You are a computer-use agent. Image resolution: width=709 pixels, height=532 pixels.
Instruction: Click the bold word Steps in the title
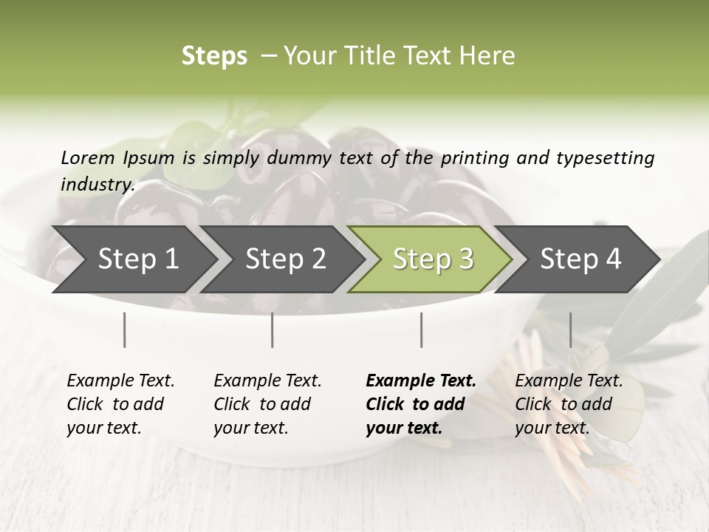pyautogui.click(x=214, y=56)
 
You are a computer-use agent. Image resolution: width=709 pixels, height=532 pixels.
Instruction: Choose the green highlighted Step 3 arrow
pyautogui.click(x=433, y=259)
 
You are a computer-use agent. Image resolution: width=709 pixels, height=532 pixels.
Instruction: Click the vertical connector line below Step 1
pyautogui.click(x=124, y=330)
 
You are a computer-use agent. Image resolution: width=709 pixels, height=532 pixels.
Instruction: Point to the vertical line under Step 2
pyautogui.click(x=273, y=330)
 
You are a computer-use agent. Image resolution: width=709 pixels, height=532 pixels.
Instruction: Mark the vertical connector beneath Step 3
pyautogui.click(x=421, y=330)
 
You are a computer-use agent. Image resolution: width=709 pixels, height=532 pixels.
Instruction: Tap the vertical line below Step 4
pyautogui.click(x=570, y=330)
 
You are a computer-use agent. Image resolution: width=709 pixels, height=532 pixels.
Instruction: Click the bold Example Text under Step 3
pyautogui.click(x=421, y=404)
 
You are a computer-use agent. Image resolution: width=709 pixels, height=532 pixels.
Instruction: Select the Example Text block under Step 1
pyautogui.click(x=120, y=404)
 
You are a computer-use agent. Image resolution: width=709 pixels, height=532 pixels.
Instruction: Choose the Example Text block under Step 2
pyautogui.click(x=267, y=404)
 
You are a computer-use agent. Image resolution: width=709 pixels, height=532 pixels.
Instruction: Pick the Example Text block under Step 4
pyautogui.click(x=569, y=404)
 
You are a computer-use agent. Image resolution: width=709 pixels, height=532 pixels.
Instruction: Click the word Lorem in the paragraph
pyautogui.click(x=88, y=157)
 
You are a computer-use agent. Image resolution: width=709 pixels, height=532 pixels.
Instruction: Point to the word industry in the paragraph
pyautogui.click(x=97, y=184)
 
